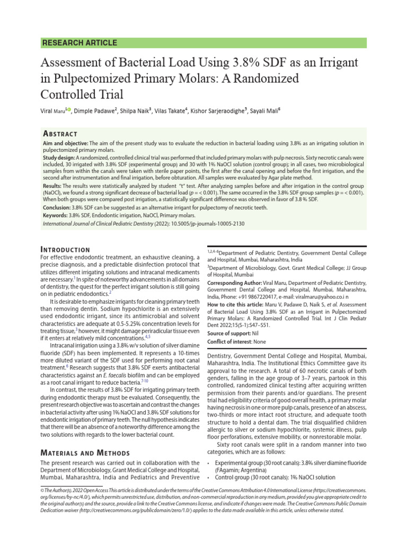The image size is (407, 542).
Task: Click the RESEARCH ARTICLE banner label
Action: tap(79, 43)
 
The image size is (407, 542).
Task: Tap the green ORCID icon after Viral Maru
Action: tap(69, 110)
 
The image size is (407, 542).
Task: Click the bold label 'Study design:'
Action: tap(59, 158)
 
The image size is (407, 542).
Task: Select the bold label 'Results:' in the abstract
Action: tap(52, 186)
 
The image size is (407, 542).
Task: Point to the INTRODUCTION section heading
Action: tap(65, 249)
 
